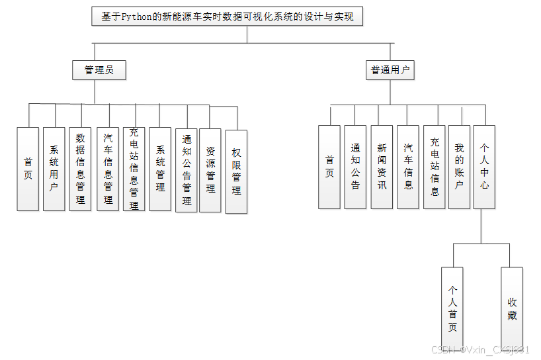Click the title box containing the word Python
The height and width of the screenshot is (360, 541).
tap(228, 17)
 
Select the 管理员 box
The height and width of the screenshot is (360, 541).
tap(99, 69)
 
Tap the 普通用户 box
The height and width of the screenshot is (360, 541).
tap(390, 70)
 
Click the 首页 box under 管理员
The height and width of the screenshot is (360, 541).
tap(28, 169)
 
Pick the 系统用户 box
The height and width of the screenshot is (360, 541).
tap(54, 169)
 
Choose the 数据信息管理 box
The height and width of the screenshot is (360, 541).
tap(80, 169)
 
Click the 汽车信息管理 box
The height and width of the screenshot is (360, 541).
tap(108, 169)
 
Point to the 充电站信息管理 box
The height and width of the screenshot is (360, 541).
tap(134, 169)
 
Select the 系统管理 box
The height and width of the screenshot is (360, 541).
tap(160, 169)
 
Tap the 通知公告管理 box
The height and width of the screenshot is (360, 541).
tap(187, 170)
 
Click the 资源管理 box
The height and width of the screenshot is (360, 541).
tap(210, 170)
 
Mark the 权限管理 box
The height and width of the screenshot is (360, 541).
tap(236, 171)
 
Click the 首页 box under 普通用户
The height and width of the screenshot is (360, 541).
tap(329, 167)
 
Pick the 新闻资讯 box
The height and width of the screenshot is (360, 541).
tap(382, 167)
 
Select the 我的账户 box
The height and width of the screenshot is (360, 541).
tap(459, 167)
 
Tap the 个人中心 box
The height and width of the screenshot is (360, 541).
tap(484, 167)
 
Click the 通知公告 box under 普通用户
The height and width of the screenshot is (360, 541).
tap(355, 167)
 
